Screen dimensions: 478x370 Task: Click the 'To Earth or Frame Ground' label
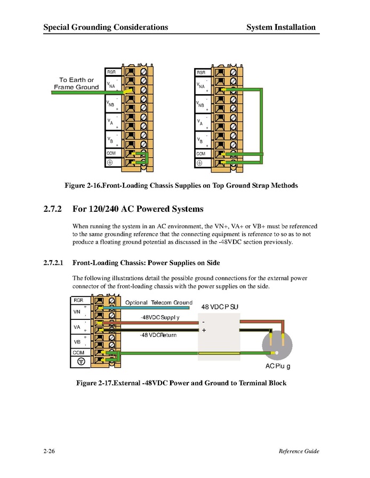(x=76, y=84)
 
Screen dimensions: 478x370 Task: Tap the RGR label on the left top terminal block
(x=111, y=72)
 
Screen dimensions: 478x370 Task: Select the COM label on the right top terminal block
(x=201, y=153)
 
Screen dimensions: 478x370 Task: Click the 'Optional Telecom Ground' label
(x=158, y=302)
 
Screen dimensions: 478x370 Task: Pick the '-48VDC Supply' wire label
(x=160, y=317)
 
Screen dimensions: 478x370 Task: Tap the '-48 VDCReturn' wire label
(x=158, y=335)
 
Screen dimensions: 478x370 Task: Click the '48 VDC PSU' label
(x=223, y=307)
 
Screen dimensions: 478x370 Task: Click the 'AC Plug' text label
(x=278, y=366)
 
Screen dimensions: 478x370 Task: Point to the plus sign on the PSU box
(x=204, y=330)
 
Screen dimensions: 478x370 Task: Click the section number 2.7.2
(x=53, y=209)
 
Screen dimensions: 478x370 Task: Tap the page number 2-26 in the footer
(x=50, y=451)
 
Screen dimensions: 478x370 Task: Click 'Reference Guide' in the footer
(x=299, y=451)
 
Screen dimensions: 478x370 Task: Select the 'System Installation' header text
(x=281, y=27)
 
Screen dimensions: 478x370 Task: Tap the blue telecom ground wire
(x=149, y=308)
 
